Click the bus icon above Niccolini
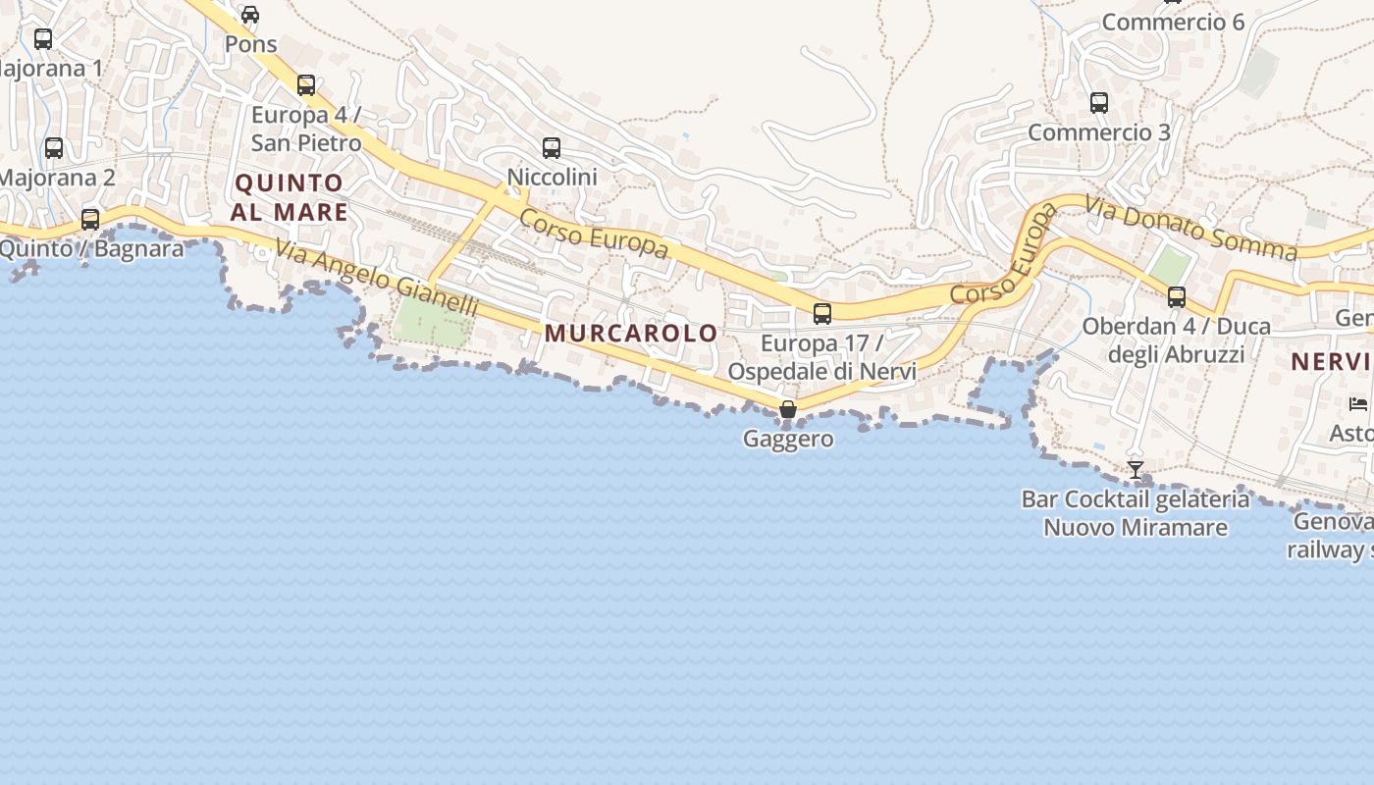(x=552, y=148)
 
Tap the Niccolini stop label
(x=552, y=177)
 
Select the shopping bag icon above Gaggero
(x=787, y=409)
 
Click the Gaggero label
(x=788, y=439)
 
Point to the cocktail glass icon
(x=1136, y=470)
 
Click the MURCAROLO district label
(x=631, y=333)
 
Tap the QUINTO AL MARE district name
(x=291, y=197)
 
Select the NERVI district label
(x=1331, y=361)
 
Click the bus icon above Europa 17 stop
(x=822, y=314)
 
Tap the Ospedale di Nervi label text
(x=821, y=372)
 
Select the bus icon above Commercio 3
(x=1099, y=103)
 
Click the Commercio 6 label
(x=1173, y=22)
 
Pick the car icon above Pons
(x=250, y=15)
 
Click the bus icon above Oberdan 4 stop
(x=1176, y=296)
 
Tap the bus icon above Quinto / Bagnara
(x=90, y=219)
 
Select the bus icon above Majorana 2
(x=54, y=148)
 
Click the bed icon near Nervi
(x=1358, y=403)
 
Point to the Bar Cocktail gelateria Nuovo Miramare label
(x=1136, y=513)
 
